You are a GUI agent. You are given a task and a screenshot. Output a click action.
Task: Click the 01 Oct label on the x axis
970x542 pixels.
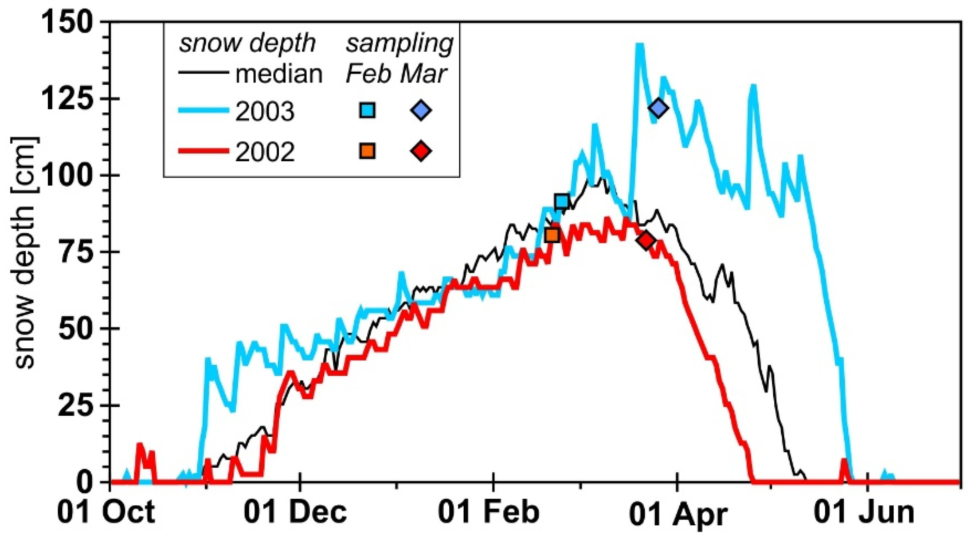[106, 512]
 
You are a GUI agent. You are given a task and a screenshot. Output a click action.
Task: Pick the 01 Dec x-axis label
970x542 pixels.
[295, 512]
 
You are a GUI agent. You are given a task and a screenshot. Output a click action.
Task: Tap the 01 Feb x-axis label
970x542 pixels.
[489, 512]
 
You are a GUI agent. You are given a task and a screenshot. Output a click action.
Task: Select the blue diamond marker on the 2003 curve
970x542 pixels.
[658, 108]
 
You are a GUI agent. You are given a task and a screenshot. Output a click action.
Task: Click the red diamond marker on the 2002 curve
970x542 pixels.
[646, 240]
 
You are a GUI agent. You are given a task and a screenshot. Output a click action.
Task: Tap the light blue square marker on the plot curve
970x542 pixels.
[562, 201]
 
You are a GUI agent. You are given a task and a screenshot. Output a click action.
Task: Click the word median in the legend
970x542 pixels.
[279, 74]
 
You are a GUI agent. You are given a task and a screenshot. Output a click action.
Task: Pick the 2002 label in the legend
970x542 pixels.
[265, 153]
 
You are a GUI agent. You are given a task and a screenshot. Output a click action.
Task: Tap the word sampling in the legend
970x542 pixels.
[400, 44]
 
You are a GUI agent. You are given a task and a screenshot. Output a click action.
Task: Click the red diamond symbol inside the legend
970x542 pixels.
[421, 151]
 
